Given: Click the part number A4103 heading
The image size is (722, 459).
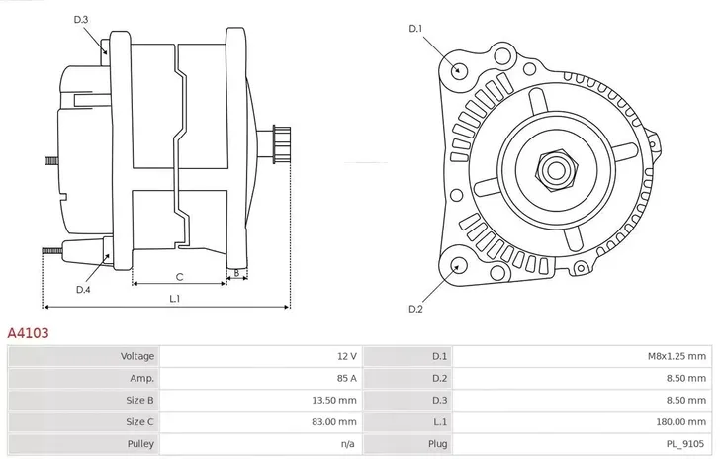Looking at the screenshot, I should coord(28,334).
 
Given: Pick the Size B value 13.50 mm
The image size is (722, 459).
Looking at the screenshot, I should coord(334,401).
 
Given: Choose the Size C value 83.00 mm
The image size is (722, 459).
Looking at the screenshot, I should coord(334,422).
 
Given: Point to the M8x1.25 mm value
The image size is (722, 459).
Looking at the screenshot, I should coord(677,356).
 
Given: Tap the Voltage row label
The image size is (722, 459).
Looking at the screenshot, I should coord(136,356).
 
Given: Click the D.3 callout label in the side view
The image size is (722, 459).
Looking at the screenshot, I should coord(81,20).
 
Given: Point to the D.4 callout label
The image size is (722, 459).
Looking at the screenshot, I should coord(83,289).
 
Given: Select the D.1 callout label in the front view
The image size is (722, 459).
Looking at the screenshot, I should coord(416,29).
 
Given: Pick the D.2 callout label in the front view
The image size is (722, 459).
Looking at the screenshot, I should coord(416,309).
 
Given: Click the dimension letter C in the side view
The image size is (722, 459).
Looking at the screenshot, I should coord(179,277).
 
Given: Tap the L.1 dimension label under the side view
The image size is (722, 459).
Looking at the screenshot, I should coord(174,298).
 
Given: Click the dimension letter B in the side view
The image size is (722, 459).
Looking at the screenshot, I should coord(235,272).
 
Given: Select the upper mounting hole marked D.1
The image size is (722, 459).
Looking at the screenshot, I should coord(458,69).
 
